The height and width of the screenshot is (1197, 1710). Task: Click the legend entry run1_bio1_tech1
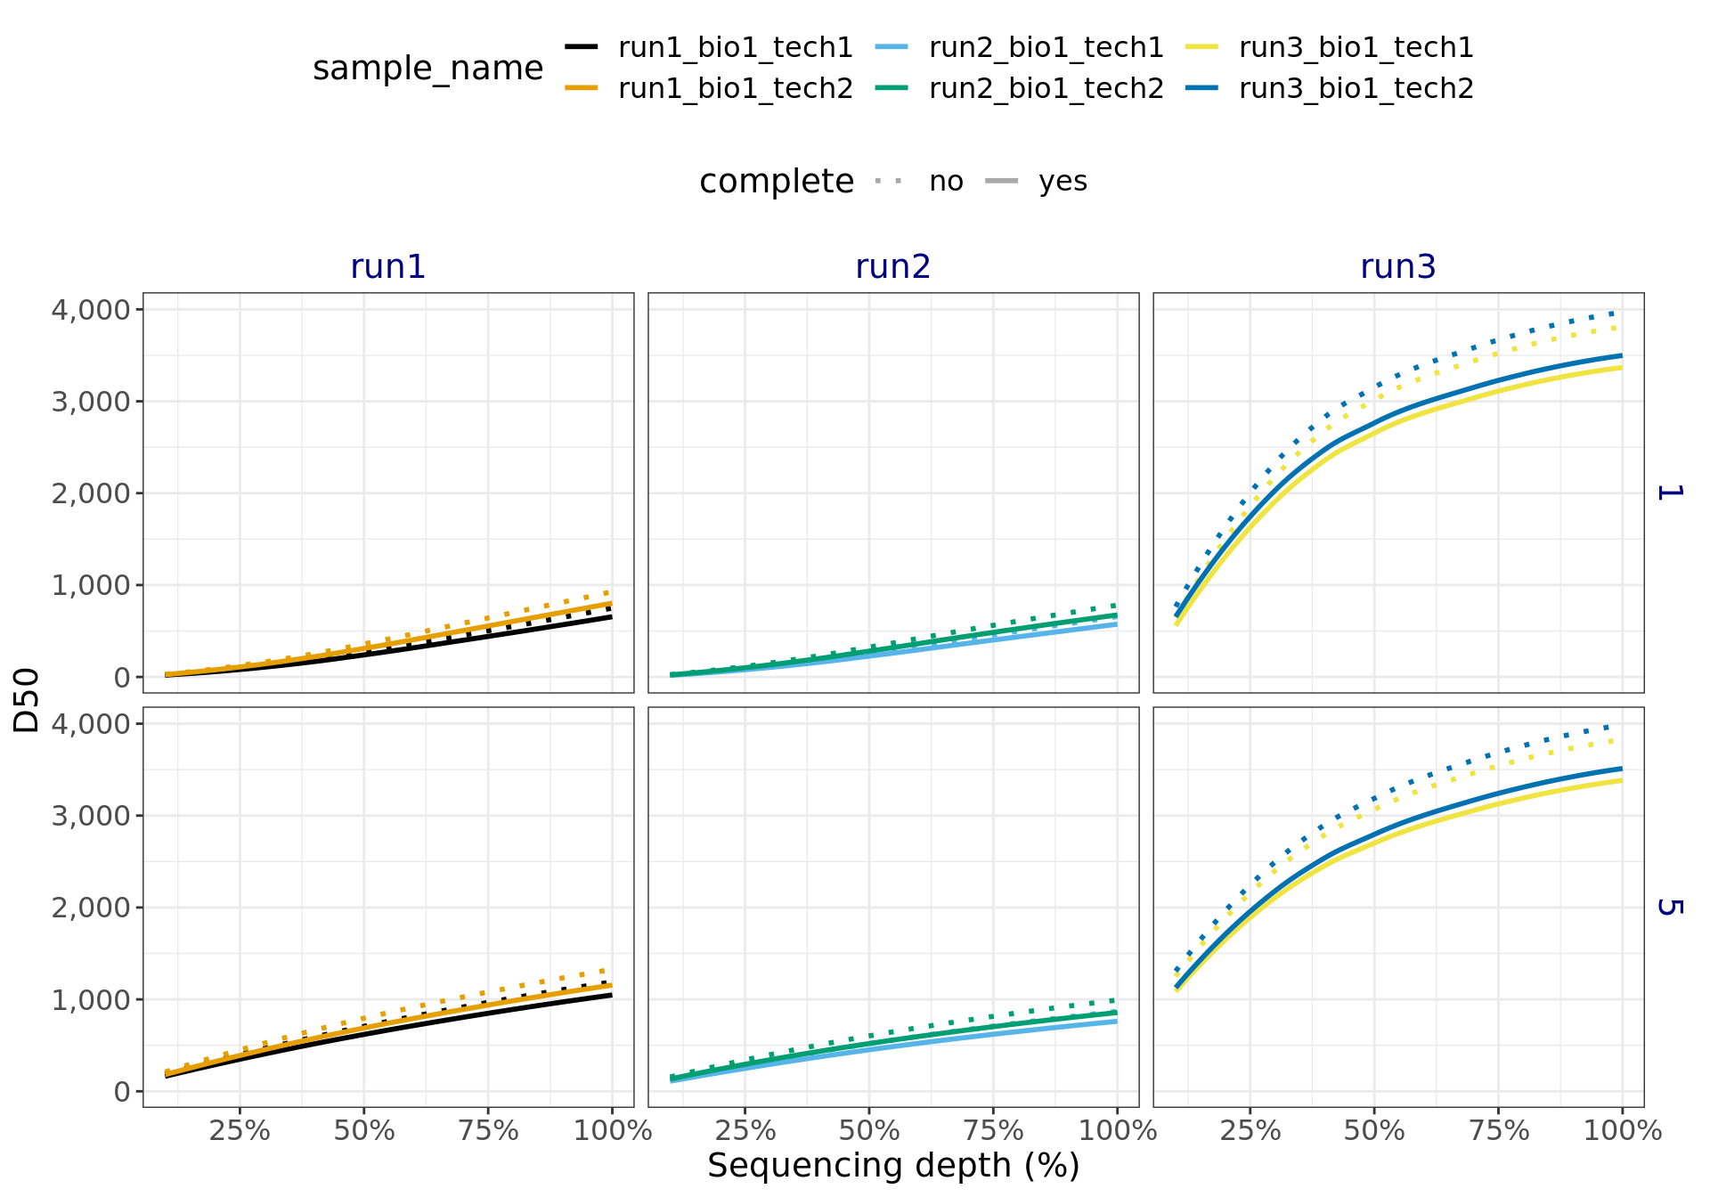coord(735,47)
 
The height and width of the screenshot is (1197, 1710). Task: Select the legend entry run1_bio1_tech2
coord(735,88)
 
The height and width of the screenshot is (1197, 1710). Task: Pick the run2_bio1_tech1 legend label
coord(1046,47)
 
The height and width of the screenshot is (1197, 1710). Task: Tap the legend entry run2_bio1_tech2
coord(1046,88)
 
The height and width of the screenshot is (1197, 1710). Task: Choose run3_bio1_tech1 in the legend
coord(1356,47)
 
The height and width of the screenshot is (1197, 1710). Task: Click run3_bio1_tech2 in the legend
coord(1356,88)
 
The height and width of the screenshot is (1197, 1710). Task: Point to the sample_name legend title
coord(427,69)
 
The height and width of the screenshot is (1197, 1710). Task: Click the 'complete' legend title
coord(776,182)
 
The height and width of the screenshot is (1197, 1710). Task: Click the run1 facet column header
coord(387,266)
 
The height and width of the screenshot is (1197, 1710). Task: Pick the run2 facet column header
coord(892,266)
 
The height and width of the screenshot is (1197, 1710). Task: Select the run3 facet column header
coord(1397,266)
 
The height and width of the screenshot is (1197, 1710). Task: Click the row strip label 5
coord(1669,907)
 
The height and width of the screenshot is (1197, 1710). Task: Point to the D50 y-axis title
coord(28,700)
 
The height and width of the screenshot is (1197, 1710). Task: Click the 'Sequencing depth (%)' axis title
coord(893,1166)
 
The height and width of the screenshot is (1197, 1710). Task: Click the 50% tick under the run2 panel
coord(869,1131)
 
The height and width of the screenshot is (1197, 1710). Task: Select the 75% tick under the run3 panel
coord(1498,1131)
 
